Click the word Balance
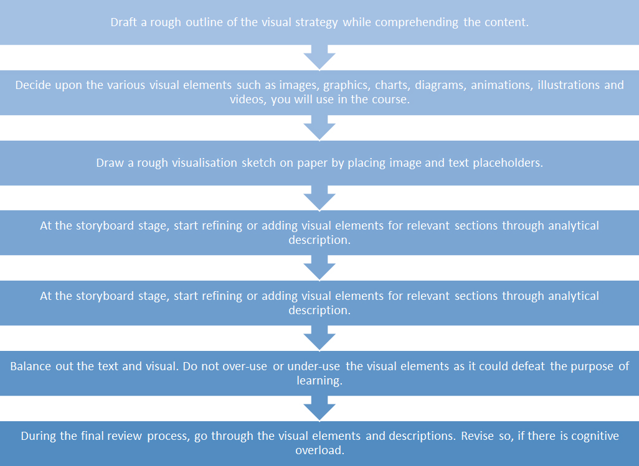(31, 366)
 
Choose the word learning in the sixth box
(319, 381)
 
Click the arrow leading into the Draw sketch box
(319, 129)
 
